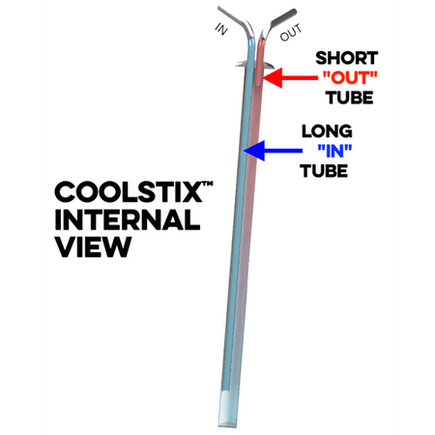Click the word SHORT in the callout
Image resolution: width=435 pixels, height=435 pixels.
point(347,58)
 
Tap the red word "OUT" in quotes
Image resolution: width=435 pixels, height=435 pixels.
point(350,78)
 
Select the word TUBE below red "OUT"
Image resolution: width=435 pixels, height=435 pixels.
point(349,98)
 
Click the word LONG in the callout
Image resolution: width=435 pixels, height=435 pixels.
point(327,131)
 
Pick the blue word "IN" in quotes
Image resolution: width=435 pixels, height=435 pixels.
point(334,151)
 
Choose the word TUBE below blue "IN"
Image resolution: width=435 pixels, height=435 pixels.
point(324,171)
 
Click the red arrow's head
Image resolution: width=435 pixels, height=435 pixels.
point(273,77)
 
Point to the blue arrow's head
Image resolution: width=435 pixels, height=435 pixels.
point(254,151)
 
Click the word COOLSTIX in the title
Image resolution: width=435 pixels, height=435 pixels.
point(129,192)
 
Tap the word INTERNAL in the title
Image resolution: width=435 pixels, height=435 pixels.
point(128,219)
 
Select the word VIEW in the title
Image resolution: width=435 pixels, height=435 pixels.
point(93,246)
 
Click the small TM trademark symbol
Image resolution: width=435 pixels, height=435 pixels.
point(208,184)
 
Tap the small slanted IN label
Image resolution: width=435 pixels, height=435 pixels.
point(221,29)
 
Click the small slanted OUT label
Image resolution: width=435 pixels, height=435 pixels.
point(291,32)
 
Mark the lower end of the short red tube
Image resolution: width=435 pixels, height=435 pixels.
point(259,84)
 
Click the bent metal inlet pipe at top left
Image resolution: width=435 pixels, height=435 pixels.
point(235,20)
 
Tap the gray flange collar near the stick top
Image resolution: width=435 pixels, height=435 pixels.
point(254,65)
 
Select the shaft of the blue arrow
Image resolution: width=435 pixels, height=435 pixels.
point(283,151)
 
